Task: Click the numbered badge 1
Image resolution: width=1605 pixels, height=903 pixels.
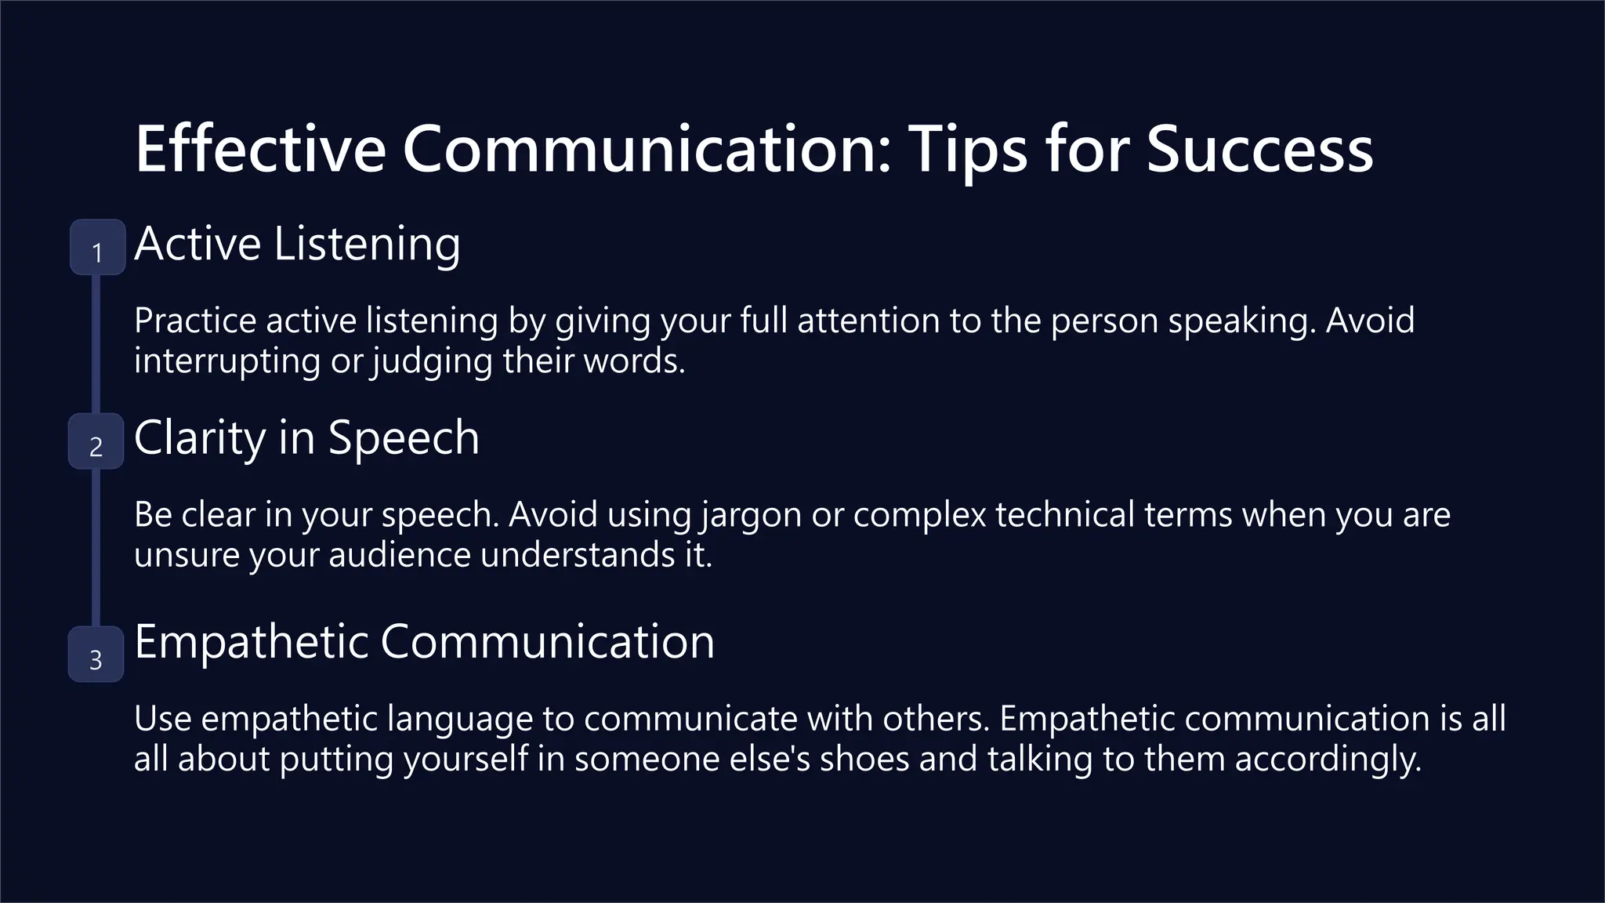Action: (97, 248)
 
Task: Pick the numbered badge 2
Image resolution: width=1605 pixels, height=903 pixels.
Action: (96, 441)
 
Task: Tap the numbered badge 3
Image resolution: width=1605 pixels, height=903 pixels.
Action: (96, 655)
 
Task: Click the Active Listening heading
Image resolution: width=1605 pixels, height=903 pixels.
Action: (297, 244)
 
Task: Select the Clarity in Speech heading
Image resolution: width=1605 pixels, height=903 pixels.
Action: (306, 437)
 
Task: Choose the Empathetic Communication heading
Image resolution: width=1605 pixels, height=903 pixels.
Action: (424, 642)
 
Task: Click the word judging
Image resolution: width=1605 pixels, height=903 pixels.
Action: (433, 361)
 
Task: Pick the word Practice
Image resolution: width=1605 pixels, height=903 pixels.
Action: (195, 321)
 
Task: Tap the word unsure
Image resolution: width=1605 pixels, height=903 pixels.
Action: (187, 555)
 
